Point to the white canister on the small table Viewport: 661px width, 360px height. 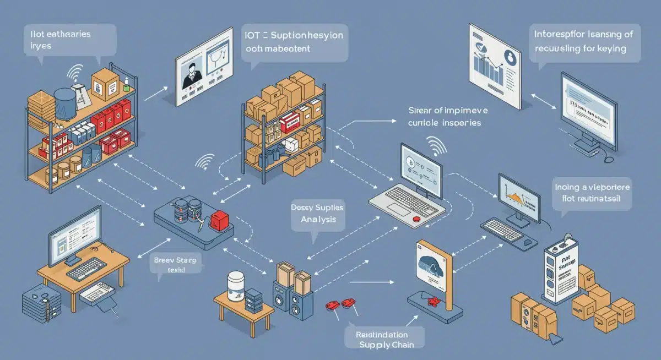tap(235, 286)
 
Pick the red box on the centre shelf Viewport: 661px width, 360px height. tap(289, 123)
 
